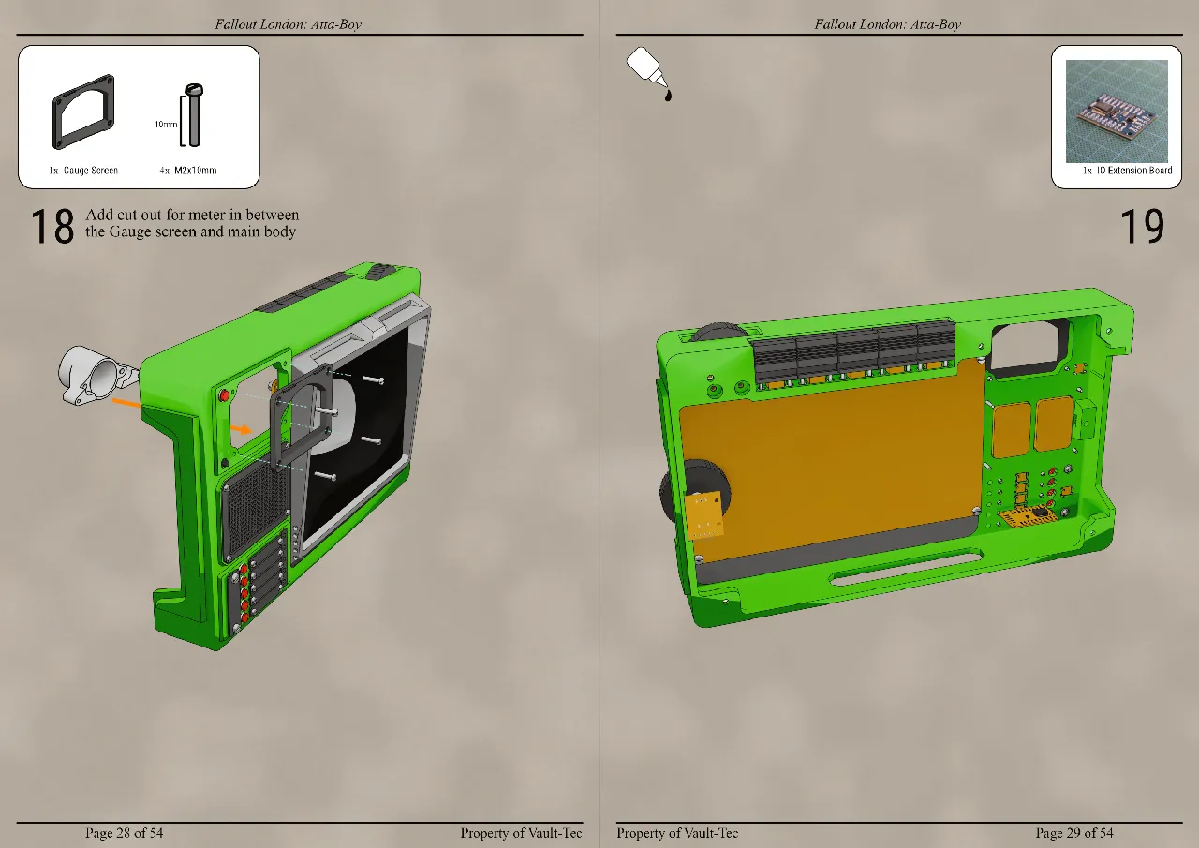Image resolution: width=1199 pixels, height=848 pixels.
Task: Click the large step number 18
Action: point(52,228)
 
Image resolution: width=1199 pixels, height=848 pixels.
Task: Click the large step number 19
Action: point(1142,228)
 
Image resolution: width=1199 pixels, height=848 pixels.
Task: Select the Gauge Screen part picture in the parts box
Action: point(83,112)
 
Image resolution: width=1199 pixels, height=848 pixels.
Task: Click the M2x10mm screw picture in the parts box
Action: point(194,115)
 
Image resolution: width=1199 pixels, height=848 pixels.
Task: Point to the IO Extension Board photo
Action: point(1117,111)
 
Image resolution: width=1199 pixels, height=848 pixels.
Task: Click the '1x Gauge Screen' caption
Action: point(83,171)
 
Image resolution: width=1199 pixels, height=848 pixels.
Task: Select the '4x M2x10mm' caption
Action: point(188,171)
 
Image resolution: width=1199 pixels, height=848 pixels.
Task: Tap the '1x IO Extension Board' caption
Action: point(1127,171)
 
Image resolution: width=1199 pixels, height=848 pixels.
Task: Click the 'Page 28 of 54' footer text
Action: point(124,833)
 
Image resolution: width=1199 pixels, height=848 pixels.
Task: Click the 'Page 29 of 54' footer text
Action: point(1074,833)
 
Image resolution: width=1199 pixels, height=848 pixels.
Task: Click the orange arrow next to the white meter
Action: point(127,404)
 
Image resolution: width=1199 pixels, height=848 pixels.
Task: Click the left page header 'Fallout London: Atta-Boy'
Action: point(288,24)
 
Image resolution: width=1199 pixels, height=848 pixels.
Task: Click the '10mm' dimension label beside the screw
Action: point(166,124)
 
